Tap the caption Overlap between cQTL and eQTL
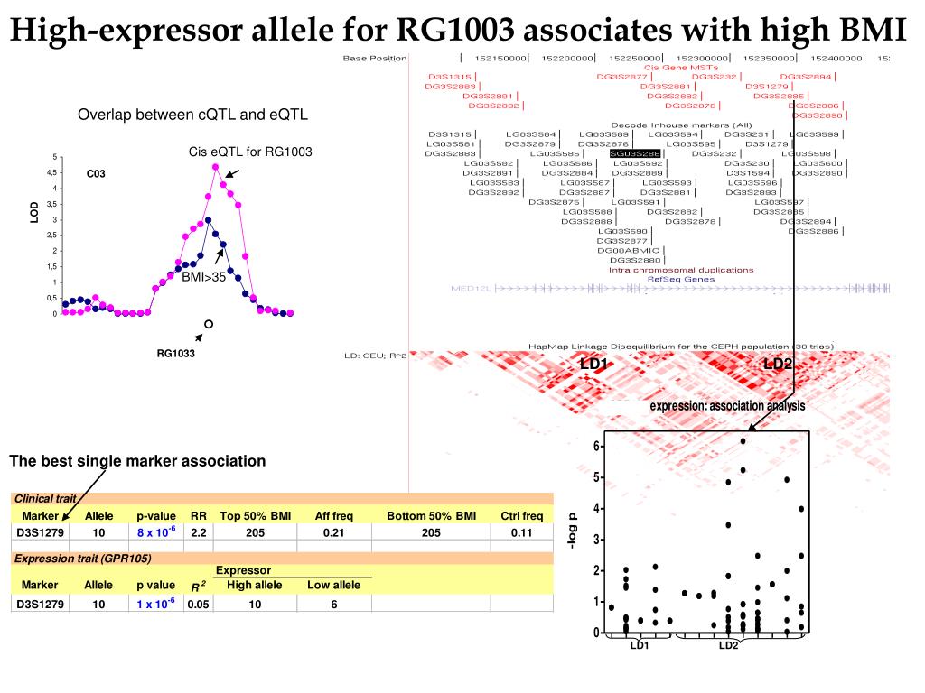point(192,115)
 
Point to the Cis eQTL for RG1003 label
point(250,152)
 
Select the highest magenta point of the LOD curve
point(215,166)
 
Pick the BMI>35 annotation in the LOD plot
point(204,277)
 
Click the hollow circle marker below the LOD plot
point(208,323)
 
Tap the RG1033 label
point(176,354)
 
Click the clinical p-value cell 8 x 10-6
point(156,532)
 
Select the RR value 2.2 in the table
point(199,532)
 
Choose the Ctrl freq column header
point(521,516)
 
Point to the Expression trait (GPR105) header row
point(69,559)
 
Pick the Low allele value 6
point(333,604)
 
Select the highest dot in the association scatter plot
point(743,441)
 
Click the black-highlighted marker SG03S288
point(635,154)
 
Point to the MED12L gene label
point(467,289)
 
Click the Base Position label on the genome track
point(374,59)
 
